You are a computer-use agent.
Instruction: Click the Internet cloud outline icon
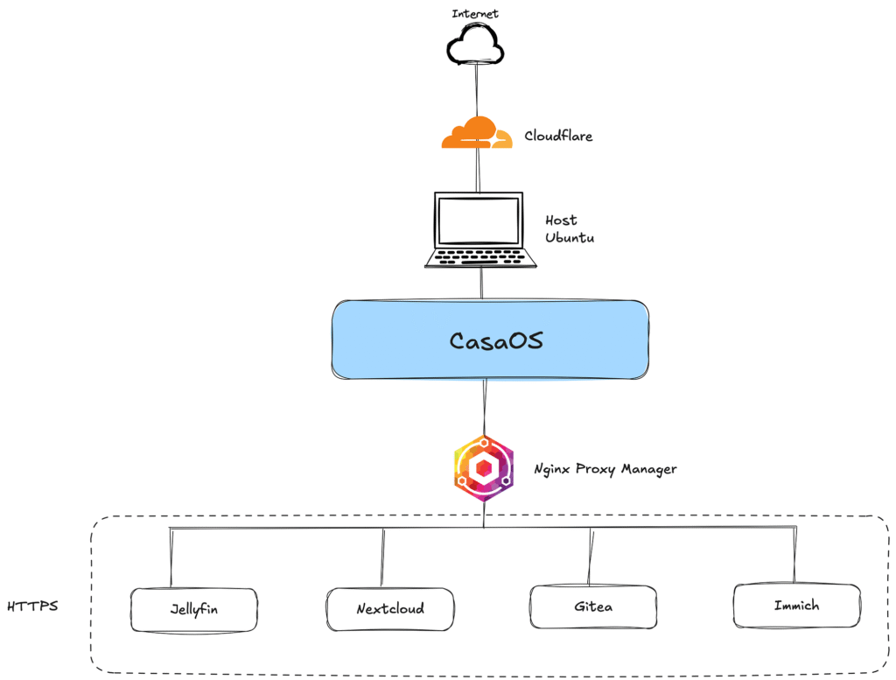click(473, 45)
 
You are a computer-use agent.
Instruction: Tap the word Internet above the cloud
click(476, 14)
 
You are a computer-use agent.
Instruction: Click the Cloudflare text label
click(558, 136)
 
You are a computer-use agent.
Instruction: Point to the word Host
click(561, 221)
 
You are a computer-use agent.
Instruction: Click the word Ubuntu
click(570, 237)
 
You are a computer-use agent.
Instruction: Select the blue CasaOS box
click(490, 340)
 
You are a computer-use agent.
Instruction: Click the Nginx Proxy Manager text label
click(605, 469)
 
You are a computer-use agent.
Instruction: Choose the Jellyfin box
click(193, 609)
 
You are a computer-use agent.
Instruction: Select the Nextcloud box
click(390, 609)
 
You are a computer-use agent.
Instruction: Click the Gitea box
click(593, 606)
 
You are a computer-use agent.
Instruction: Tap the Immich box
click(796, 606)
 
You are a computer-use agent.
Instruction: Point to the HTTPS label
click(32, 606)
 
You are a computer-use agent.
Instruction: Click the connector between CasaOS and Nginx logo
click(484, 407)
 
